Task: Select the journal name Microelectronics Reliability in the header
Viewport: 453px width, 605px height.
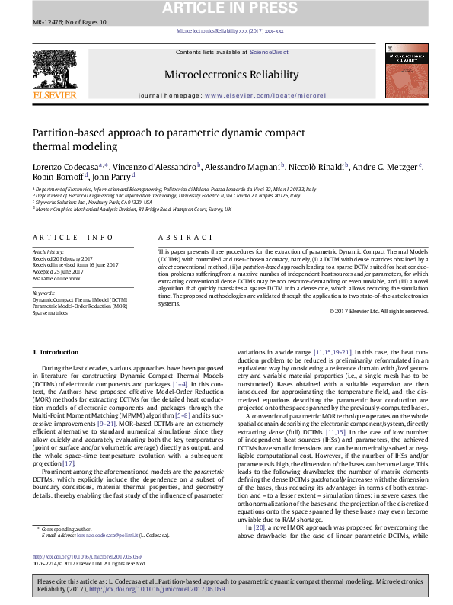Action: pos(225,75)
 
